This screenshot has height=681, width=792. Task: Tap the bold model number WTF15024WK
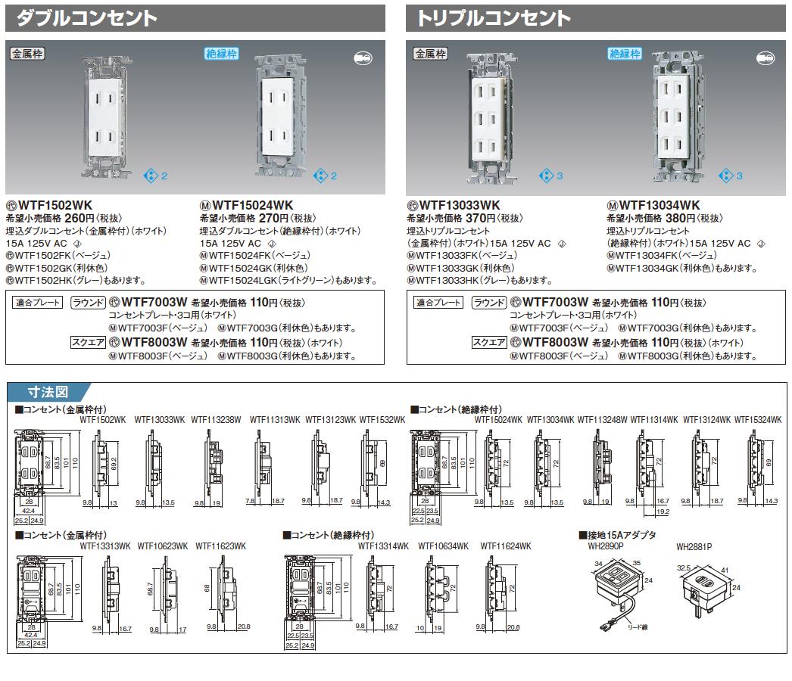pos(251,205)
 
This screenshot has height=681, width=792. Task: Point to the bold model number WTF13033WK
pos(459,205)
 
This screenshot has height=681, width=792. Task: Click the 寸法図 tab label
pos(48,392)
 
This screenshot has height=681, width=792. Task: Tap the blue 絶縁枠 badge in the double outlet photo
pos(221,54)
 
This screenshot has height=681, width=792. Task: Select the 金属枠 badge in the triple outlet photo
pos(430,54)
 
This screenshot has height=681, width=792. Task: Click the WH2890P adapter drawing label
pos(604,546)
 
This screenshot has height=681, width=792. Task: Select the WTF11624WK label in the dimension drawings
pos(505,546)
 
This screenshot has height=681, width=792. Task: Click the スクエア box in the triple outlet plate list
pos(488,343)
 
